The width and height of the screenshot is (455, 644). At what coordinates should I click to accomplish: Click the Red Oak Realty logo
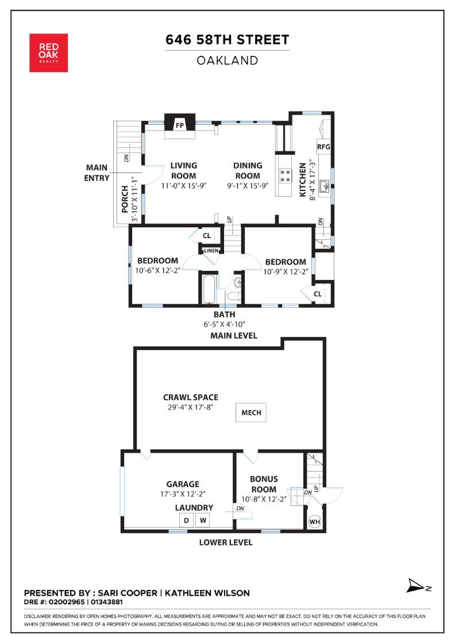(x=48, y=53)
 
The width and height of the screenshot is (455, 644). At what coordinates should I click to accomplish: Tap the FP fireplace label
(x=180, y=125)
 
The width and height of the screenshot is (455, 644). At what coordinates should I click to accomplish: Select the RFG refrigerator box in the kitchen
(x=323, y=147)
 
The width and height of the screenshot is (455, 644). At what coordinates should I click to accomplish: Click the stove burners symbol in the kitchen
(x=285, y=176)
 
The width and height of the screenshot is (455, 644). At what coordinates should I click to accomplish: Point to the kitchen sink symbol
(x=325, y=186)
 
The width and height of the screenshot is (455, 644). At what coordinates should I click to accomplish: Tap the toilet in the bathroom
(x=233, y=297)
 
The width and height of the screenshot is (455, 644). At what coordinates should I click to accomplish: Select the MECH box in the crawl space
(x=251, y=412)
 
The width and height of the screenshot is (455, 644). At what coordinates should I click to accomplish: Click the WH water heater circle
(x=315, y=522)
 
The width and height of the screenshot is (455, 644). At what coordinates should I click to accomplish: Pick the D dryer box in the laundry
(x=186, y=520)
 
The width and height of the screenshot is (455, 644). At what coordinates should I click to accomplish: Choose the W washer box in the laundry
(x=203, y=520)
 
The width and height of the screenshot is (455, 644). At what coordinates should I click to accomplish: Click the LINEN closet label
(x=211, y=251)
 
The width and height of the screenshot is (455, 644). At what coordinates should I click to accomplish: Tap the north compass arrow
(x=416, y=585)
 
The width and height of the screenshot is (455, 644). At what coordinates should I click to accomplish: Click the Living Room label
(x=184, y=170)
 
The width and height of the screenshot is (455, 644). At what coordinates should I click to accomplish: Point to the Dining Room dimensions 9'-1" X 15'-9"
(x=248, y=186)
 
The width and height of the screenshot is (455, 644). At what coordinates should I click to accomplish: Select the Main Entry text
(x=97, y=173)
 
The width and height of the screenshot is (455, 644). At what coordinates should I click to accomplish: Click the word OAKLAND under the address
(x=227, y=61)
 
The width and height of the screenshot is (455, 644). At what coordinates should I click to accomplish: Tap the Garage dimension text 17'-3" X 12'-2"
(x=183, y=494)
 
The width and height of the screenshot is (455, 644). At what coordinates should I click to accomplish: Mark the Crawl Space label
(x=191, y=397)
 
